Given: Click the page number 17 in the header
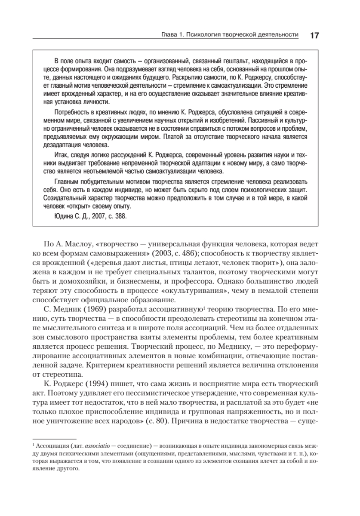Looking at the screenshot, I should (314, 36).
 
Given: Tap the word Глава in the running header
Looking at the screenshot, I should (165, 35).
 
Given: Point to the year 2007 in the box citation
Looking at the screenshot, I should (98, 217).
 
